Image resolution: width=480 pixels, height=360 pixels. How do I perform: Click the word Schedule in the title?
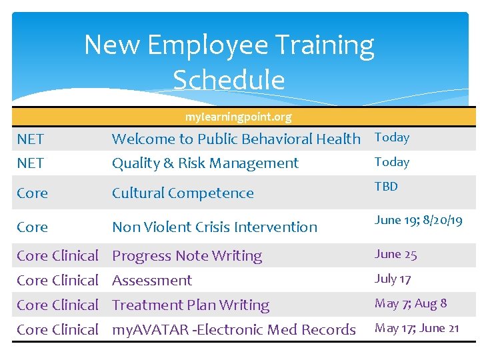pos(229,80)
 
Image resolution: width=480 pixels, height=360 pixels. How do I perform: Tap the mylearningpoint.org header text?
pos(238,117)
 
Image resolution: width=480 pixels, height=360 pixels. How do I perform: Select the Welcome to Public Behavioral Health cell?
pos(236,139)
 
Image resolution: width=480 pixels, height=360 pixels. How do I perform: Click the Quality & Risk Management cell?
pos(205,163)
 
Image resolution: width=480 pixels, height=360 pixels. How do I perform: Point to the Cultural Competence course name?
pos(183,193)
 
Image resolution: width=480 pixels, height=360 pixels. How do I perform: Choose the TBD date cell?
pos(386,187)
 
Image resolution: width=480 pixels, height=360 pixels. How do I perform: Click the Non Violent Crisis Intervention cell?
pos(215,227)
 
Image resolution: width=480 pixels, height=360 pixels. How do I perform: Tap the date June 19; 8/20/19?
pos(418,220)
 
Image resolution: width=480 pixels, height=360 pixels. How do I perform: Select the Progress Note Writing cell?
pos(187,256)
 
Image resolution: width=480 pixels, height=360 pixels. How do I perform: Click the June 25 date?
pos(395,254)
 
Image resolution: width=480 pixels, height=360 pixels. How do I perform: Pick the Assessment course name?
pos(152,281)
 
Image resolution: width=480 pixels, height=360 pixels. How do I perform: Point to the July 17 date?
pos(393,279)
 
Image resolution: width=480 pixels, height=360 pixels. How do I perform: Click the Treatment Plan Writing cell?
pos(191,305)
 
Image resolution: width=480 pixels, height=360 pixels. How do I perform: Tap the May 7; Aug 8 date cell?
pos(411,303)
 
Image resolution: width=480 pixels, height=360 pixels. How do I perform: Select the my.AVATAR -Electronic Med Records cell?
pos(233,330)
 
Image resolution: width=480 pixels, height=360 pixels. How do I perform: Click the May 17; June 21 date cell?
pos(417,328)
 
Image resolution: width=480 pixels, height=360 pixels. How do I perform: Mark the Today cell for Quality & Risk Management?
pos(392,162)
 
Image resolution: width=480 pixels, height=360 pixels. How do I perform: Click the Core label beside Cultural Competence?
pos(32,193)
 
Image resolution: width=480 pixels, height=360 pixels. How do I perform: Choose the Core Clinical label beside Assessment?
pos(57,281)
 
